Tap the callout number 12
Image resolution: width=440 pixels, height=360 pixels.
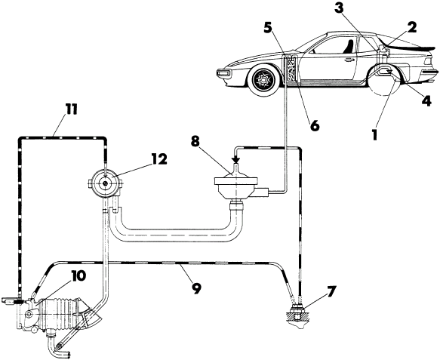pyautogui.click(x=158, y=158)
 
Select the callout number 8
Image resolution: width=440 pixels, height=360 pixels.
pyautogui.click(x=195, y=141)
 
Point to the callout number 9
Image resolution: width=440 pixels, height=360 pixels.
pyautogui.click(x=196, y=288)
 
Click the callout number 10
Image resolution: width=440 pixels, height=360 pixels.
pyautogui.click(x=77, y=276)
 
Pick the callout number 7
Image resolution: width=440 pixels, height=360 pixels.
pyautogui.click(x=331, y=292)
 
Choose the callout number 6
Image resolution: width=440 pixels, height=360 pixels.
pyautogui.click(x=315, y=126)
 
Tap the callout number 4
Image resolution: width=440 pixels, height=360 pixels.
pyautogui.click(x=426, y=100)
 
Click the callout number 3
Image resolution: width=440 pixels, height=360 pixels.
pyautogui.click(x=339, y=8)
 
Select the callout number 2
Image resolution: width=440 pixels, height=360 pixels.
pyautogui.click(x=412, y=27)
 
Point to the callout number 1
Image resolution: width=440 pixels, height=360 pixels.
pyautogui.click(x=374, y=135)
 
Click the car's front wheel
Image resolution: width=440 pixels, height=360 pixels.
pyautogui.click(x=264, y=78)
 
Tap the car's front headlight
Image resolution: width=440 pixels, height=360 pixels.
pyautogui.click(x=223, y=73)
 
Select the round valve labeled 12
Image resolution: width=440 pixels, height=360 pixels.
pyautogui.click(x=105, y=183)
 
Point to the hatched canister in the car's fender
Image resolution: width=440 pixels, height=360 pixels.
pyautogui.click(x=291, y=69)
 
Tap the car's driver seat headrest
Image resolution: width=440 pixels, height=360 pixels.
pyautogui.click(x=350, y=45)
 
